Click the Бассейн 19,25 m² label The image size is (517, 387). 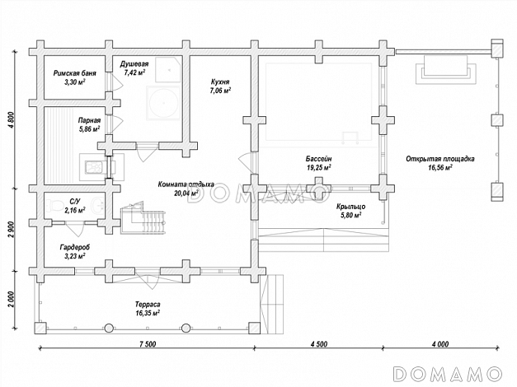(x=318, y=162)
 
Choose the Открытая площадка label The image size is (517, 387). (x=439, y=162)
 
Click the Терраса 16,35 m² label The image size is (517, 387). (x=148, y=309)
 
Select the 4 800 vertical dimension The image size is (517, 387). (x=12, y=121)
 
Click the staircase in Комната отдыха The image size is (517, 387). (x=137, y=220)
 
